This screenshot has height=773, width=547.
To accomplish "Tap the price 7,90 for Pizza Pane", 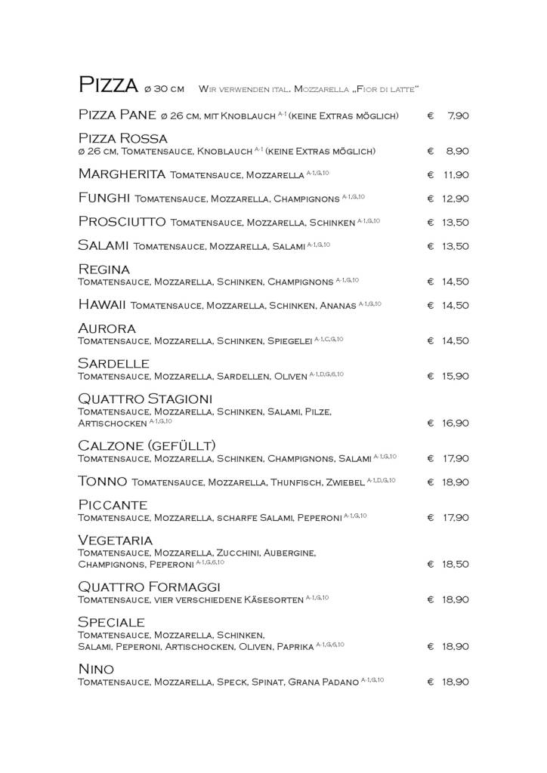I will tap(458, 116).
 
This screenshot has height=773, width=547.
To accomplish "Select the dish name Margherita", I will tap(122, 174).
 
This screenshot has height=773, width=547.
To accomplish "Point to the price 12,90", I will tap(456, 199).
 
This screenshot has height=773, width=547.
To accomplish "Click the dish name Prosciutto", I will tap(122, 222).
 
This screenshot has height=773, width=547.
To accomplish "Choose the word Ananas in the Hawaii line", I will tap(336, 305).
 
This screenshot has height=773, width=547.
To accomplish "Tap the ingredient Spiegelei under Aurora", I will tap(289, 340).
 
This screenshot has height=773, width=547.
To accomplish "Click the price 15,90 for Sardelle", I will tap(456, 376).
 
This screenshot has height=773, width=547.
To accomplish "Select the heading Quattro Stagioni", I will tap(145, 399).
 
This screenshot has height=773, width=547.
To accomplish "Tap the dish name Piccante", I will tap(113, 505).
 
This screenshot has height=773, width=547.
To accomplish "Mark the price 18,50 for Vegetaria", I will tap(456, 564).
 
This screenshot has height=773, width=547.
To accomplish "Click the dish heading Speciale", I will tap(111, 622).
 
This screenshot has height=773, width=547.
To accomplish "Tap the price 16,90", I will tap(456, 423).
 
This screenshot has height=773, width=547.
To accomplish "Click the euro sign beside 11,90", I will tap(430, 175).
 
